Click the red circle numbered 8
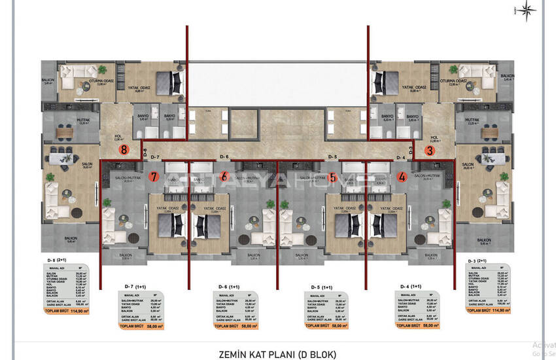pos(124,149)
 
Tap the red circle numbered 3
pos(430,150)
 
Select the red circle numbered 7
pos(154,177)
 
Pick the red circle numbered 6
pos(224,177)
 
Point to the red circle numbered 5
pos(333,177)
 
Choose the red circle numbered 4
pos(402,177)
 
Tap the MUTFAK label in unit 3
pos(472,120)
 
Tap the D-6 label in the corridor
pos(224,157)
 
